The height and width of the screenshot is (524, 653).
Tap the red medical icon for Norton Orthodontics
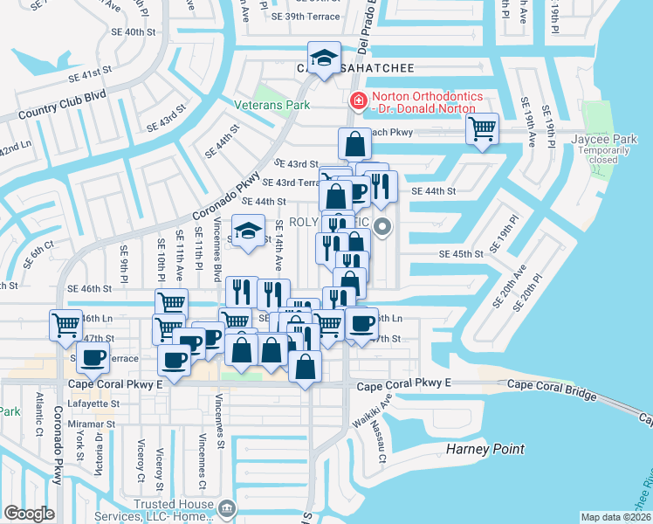click(x=357, y=101)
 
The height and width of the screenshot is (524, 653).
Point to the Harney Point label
click(x=485, y=449)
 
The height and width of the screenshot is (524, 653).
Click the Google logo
click(x=29, y=514)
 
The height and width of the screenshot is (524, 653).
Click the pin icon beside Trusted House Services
click(x=226, y=507)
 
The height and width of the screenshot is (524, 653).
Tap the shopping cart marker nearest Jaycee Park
click(x=482, y=129)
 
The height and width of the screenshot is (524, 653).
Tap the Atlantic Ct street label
click(x=39, y=415)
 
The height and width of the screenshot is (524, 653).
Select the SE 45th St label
click(x=461, y=254)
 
